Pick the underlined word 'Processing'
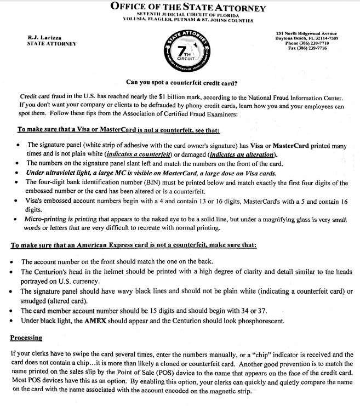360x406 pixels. click(26, 338)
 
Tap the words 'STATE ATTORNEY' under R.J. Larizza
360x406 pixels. click(52, 44)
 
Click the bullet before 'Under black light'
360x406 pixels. click(13, 320)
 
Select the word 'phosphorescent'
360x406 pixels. click(256, 320)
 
